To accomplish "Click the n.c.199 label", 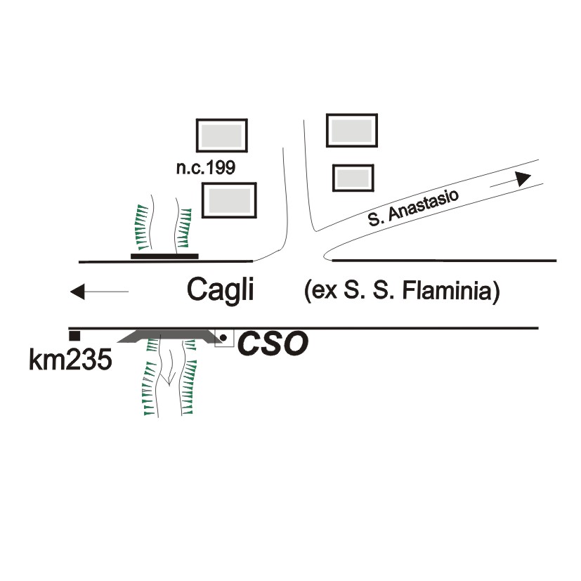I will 205,168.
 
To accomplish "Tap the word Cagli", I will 220,290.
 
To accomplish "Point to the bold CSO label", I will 273,344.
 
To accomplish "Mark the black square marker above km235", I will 74,336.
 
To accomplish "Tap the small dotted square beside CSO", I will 223,338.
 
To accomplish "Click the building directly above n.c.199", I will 221,134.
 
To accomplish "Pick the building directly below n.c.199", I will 229,200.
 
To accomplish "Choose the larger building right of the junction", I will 352,131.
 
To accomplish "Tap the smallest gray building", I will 353,178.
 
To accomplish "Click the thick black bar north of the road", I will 164,256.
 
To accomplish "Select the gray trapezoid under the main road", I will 167,337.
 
